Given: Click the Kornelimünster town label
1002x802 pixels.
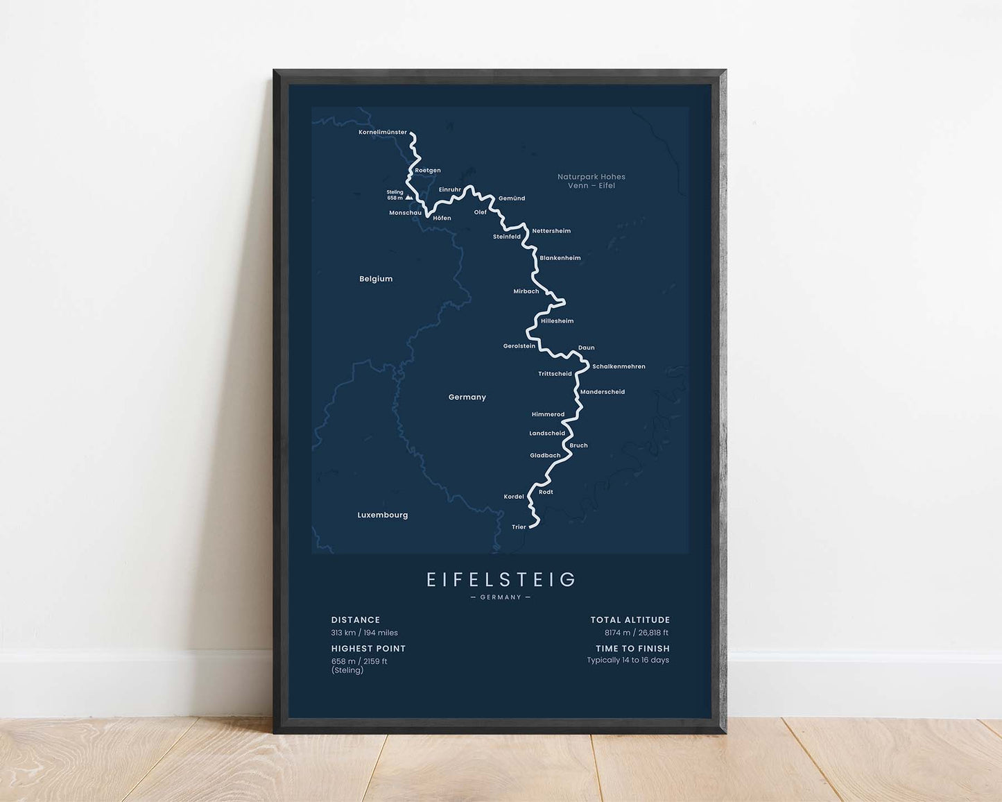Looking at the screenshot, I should click(383, 132).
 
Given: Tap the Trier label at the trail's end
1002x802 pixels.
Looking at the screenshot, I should click(519, 527).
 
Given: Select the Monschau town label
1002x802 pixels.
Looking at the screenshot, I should click(405, 213).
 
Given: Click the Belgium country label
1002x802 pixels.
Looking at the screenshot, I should click(376, 279).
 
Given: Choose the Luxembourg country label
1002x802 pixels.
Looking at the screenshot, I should click(383, 515).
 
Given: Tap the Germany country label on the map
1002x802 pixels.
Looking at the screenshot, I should click(467, 397).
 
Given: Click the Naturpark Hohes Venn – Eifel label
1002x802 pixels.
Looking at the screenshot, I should click(591, 181).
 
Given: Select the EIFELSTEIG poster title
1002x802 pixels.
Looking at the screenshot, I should click(501, 579).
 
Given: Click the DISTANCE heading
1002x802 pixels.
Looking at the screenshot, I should click(356, 620).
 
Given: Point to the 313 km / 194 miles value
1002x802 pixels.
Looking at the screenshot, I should click(365, 633).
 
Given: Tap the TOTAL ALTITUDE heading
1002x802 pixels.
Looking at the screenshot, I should click(630, 620).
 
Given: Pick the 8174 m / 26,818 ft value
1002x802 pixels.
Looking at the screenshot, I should click(637, 633).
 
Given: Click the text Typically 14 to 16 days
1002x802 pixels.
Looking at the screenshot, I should click(628, 660).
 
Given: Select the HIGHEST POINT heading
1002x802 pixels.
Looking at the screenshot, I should click(368, 649).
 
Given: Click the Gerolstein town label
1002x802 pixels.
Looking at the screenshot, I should click(519, 345).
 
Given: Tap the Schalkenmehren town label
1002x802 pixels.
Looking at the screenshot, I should click(619, 366).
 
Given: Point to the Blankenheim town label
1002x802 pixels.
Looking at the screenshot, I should click(560, 258).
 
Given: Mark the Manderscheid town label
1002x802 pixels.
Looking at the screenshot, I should click(603, 392).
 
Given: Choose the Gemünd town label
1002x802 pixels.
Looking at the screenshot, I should click(512, 198).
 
